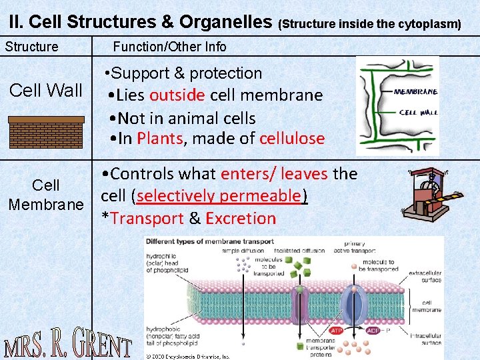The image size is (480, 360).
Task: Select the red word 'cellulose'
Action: coord(292,139)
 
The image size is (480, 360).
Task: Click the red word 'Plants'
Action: coord(159,139)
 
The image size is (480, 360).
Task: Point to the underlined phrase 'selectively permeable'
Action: coord(219,196)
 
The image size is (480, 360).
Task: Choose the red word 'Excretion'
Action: coord(241,218)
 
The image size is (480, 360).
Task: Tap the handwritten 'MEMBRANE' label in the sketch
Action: coord(416,91)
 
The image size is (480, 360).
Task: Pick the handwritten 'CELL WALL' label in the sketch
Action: coord(418,112)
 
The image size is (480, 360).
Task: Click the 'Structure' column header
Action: coord(31,47)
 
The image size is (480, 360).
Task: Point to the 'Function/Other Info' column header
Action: coord(169,47)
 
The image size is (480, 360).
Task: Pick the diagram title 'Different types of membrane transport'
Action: coord(210,241)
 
